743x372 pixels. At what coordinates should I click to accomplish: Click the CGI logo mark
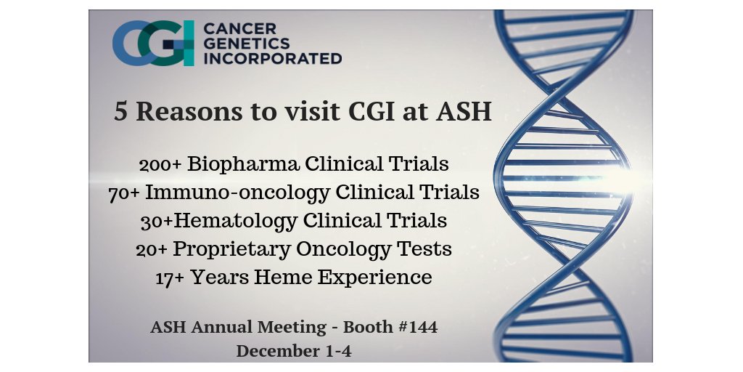[153, 43]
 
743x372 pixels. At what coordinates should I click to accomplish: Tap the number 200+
[160, 164]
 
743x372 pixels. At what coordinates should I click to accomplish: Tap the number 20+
[154, 249]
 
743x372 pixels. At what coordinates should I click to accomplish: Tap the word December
[274, 350]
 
